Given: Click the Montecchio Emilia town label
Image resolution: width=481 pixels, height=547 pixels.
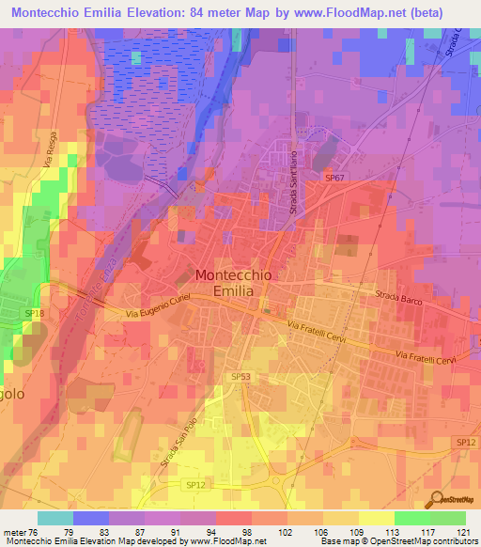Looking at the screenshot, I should [x=225, y=283].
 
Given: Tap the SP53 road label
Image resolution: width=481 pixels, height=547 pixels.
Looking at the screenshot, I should [x=240, y=376].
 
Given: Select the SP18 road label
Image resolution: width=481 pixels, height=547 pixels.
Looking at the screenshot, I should [x=34, y=313].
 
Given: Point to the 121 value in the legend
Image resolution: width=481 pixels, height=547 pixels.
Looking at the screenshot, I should [x=462, y=530].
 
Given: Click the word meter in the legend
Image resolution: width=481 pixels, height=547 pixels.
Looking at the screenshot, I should [x=16, y=530].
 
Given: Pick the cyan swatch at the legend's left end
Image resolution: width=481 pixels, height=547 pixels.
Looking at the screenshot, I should [x=55, y=518].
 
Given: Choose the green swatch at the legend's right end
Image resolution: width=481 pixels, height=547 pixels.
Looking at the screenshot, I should [x=447, y=518].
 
